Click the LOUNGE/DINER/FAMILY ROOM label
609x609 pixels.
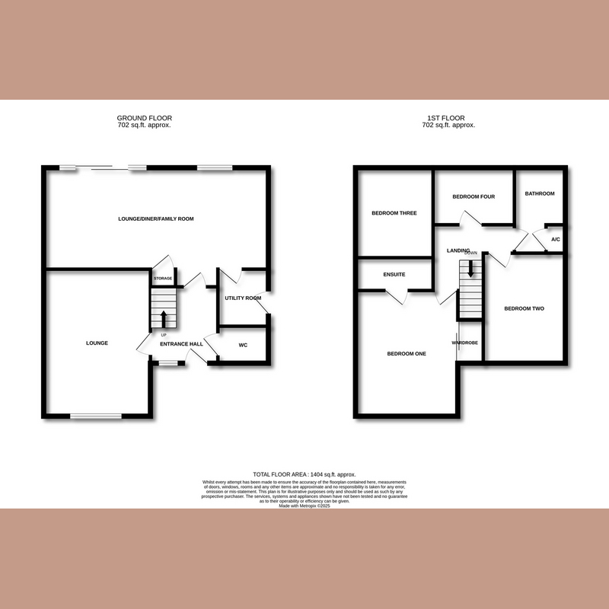point(156,218)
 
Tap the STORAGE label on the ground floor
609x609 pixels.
point(164,279)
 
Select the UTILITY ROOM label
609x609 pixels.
point(243,298)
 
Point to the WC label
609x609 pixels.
point(243,345)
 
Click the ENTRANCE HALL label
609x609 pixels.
point(181,344)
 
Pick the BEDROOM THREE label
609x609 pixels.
point(394,213)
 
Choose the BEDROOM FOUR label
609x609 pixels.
point(473,196)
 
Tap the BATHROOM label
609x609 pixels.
point(540,193)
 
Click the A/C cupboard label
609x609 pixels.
point(555,240)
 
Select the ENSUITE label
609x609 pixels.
point(394,274)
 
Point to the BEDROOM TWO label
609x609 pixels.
point(525,308)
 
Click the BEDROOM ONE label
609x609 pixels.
point(406,353)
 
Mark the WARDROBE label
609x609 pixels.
point(464,343)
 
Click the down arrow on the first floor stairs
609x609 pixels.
point(470,268)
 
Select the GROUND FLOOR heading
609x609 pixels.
point(145,118)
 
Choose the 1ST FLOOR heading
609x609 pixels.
point(446,118)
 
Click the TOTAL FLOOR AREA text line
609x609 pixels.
point(304,474)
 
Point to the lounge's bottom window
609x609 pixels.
point(96,416)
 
